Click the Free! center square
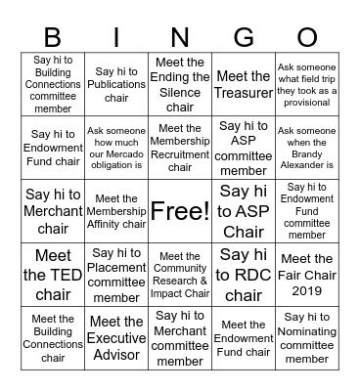click(180, 211)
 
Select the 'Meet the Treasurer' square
click(244, 85)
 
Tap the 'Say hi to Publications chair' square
click(116, 85)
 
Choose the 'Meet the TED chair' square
click(53, 275)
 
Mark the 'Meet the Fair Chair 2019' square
click(306, 275)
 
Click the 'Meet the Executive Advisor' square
click(116, 338)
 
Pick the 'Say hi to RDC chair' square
click(244, 275)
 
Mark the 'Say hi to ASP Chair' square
click(244, 211)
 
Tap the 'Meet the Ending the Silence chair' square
click(180, 85)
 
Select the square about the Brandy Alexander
click(306, 148)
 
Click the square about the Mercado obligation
click(116, 148)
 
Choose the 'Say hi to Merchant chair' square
click(53, 211)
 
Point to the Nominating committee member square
click(306, 338)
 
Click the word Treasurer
click(244, 93)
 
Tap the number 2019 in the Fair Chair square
click(306, 290)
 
